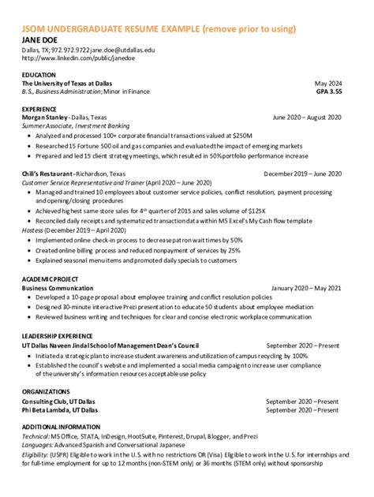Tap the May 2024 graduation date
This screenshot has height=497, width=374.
point(328,83)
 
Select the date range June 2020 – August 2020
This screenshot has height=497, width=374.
point(307,118)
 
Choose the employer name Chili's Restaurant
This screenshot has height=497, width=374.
point(48,173)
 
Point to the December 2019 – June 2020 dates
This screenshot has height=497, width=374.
point(302,173)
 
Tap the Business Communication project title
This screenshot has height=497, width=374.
point(57,288)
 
